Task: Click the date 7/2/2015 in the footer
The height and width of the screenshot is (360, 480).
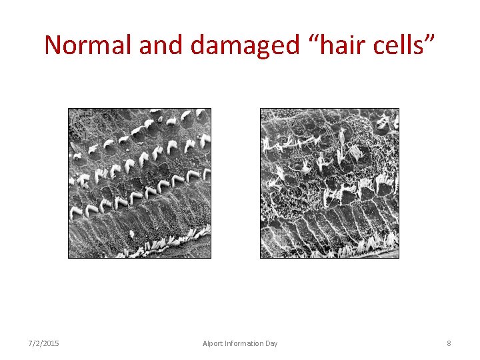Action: pos(43,343)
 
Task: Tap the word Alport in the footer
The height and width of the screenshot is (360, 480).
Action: pos(214,343)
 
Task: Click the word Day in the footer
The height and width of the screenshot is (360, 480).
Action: pos(271,343)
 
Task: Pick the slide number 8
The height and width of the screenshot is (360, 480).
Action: pos(449,343)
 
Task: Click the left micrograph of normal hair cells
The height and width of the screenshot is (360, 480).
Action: pos(139,183)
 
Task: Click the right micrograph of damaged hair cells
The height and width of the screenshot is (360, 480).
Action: pos(329,183)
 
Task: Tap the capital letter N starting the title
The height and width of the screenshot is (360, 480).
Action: pos(53,45)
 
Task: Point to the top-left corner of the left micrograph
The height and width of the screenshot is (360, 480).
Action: pos(69,109)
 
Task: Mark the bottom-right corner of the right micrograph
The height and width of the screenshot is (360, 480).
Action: pos(399,257)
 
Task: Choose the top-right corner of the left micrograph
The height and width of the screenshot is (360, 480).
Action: pos(211,109)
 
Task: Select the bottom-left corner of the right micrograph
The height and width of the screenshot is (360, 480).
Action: pos(260,257)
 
